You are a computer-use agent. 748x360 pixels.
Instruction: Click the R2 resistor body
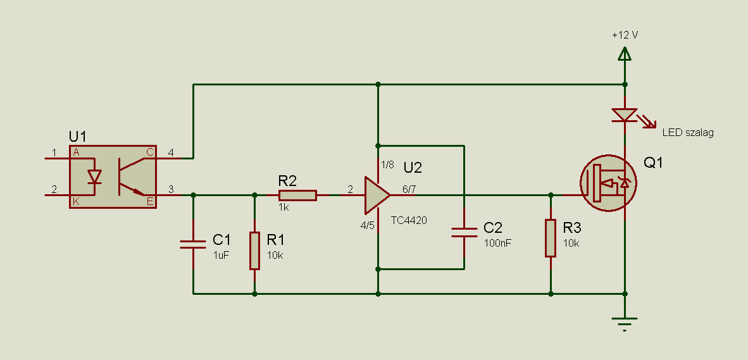pos(297,195)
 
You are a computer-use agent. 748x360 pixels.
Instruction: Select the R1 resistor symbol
pos(255,251)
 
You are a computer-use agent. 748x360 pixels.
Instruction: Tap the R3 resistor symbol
pos(551,239)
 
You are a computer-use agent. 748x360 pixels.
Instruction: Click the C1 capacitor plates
pos(193,245)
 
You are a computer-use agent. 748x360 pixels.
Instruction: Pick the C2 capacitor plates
pos(464,232)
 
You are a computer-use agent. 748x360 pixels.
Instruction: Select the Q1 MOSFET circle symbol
pos(609,183)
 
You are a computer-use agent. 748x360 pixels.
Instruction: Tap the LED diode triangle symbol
pos(625,115)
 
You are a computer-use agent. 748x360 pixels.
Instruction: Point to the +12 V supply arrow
pos(625,53)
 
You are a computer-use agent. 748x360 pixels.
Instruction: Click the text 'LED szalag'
pos(688,133)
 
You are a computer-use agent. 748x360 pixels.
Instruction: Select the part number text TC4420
pos(409,220)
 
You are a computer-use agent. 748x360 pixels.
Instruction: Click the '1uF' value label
pos(221,255)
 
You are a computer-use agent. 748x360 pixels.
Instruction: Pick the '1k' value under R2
pos(284,208)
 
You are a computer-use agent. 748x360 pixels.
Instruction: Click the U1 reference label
pos(78,137)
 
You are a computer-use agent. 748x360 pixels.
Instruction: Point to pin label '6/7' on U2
pos(409,189)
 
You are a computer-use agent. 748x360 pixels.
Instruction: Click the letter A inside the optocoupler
pos(76,152)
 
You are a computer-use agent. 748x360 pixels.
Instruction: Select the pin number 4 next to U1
pos(171,152)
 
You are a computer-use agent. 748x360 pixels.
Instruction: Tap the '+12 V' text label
pos(625,35)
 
